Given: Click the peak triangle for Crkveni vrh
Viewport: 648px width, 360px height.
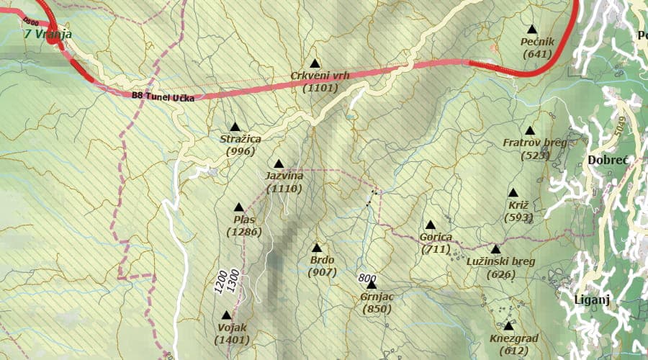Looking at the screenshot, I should coord(314,63).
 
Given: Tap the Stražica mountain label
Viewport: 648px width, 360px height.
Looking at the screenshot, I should coord(240,139).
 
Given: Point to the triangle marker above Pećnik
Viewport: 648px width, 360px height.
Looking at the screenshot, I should coord(532,30).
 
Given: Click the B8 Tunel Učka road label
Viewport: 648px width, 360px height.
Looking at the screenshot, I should coord(163,96).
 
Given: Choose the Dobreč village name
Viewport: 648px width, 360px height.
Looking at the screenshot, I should coord(608,160).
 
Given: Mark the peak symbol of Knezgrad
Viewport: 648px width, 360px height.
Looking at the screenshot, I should coord(508,325).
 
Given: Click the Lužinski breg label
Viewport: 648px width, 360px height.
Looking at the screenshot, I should coord(500,261).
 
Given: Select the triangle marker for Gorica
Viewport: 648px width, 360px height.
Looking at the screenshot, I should coord(431,225).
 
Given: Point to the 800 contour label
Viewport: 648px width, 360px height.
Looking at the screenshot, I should coord(367,278).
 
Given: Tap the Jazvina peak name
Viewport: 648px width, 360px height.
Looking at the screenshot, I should coord(284,176).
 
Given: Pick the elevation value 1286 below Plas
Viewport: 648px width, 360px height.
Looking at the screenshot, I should coord(243,232).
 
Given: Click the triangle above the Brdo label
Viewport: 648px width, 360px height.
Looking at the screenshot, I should coord(316,247).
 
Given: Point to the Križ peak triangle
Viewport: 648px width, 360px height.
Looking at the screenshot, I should coord(513,193).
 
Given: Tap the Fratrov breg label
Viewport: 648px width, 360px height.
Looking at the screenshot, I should coord(534,143).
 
